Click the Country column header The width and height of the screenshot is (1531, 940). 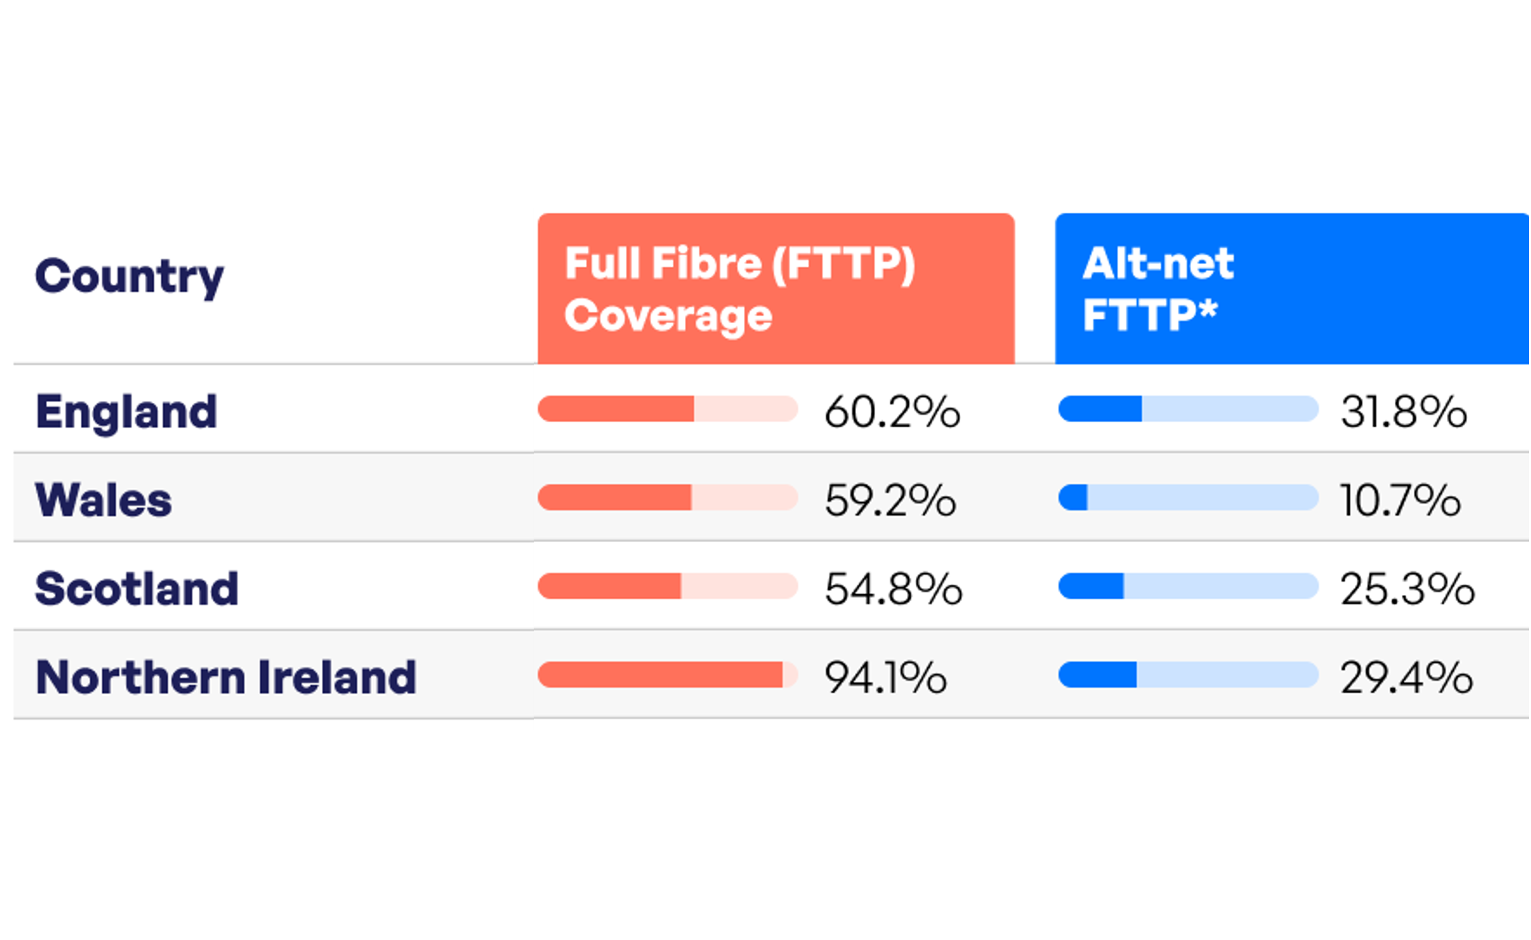[x=129, y=277]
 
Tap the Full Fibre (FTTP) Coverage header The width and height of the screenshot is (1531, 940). [x=740, y=289]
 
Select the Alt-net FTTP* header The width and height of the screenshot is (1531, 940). [x=1158, y=289]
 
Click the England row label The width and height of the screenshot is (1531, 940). [x=127, y=412]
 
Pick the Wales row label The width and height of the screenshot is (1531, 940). [x=103, y=500]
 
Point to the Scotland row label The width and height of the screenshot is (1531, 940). [x=137, y=589]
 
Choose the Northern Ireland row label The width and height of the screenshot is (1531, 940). [x=226, y=678]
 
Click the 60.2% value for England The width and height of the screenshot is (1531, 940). [x=892, y=412]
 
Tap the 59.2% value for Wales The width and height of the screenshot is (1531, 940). [x=890, y=500]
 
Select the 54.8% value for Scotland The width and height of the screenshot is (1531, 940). [x=893, y=589]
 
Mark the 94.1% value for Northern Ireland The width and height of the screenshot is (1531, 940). [x=885, y=678]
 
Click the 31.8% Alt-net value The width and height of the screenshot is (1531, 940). [x=1404, y=412]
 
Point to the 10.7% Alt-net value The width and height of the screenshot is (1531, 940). [x=1400, y=500]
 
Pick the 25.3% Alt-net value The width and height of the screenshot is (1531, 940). [x=1407, y=589]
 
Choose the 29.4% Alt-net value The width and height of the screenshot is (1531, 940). [x=1406, y=678]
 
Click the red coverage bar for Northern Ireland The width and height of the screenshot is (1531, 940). [x=660, y=675]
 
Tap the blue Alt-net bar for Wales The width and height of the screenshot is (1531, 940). [x=1073, y=498]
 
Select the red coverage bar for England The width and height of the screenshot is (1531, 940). [x=616, y=409]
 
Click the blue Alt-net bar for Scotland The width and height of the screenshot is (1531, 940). [x=1091, y=586]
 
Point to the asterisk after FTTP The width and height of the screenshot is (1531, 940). [x=1207, y=308]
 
